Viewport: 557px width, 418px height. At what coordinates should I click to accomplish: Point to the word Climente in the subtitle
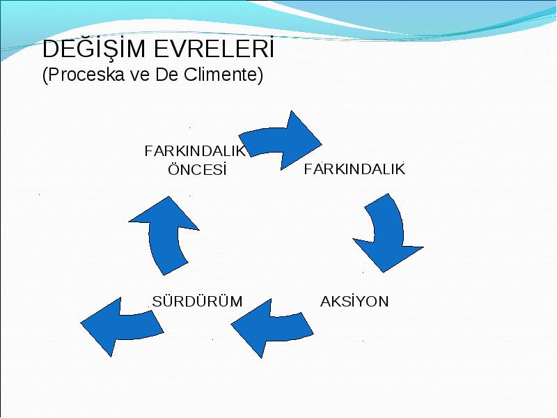(221, 75)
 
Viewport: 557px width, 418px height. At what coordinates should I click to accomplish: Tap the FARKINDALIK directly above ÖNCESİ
(195, 151)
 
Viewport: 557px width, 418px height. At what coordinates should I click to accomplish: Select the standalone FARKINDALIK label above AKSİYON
(354, 169)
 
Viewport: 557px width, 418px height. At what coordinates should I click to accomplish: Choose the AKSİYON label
(354, 302)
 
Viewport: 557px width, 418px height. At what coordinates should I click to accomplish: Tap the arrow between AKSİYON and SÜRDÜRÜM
(272, 327)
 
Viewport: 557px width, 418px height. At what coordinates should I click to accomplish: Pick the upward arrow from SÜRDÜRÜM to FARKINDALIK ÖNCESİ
(164, 236)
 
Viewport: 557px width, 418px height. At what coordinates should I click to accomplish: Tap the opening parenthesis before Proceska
(45, 75)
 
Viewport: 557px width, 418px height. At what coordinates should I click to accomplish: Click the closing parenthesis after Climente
(260, 75)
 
